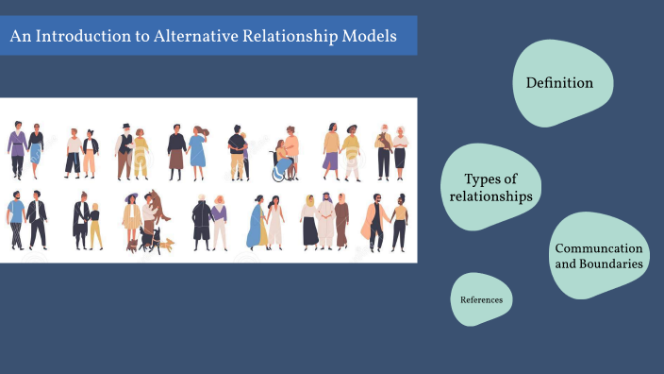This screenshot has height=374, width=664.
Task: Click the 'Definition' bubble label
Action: pos(559,83)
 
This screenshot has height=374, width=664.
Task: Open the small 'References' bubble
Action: pos(481,300)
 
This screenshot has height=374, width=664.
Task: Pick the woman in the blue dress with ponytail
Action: pos(198,151)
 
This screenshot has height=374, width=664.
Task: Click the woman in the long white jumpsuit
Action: pos(274,223)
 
